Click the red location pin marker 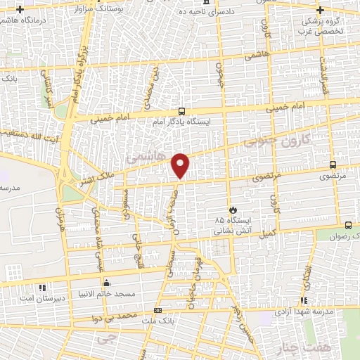[181, 165]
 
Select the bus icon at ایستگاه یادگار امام [182, 111]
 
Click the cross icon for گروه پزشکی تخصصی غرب [321, 11]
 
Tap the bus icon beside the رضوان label [349, 226]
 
